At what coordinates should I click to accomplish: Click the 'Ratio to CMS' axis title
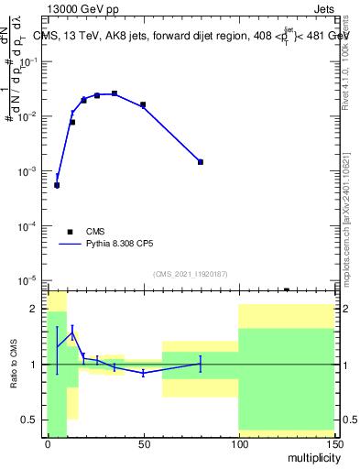[16, 365]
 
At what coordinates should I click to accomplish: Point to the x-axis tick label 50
[143, 443]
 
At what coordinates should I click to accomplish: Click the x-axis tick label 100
[238, 443]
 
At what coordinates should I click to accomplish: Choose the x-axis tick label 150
[333, 443]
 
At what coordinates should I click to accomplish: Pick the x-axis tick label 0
[48, 443]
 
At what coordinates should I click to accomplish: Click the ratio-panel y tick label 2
[34, 309]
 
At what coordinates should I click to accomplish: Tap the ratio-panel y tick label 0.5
[30, 420]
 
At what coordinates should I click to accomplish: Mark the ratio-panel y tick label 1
[34, 365]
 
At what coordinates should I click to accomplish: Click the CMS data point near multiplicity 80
[201, 162]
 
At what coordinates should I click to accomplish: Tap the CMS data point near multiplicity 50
[143, 105]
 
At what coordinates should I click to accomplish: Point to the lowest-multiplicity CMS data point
[57, 185]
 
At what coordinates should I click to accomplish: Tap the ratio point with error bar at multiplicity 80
[201, 364]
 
